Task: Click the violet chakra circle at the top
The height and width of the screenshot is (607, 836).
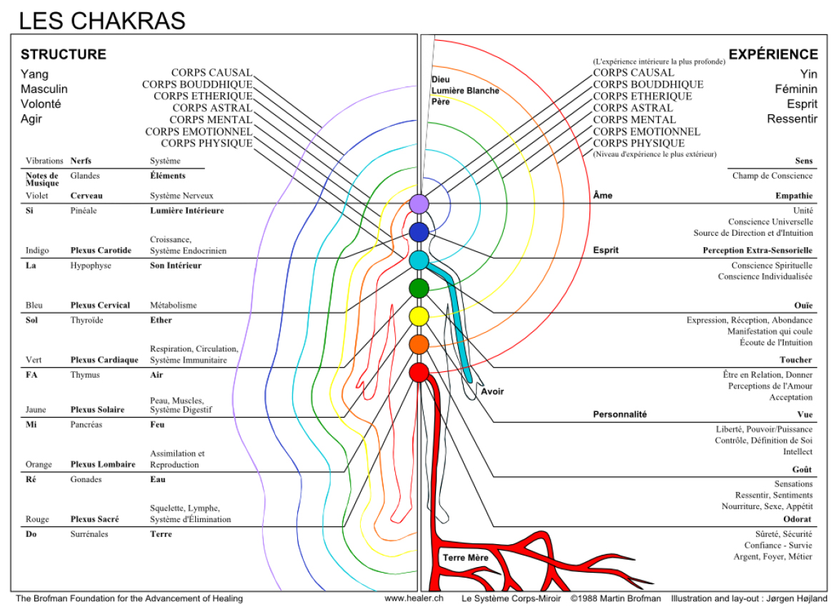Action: pos(419,204)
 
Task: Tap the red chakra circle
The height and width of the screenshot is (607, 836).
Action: pos(419,372)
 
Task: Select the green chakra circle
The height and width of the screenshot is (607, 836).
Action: pos(419,289)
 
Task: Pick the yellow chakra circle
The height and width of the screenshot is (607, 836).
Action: pos(419,316)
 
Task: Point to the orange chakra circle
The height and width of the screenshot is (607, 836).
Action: pos(419,344)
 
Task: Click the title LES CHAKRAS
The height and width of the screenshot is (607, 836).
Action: pos(102,21)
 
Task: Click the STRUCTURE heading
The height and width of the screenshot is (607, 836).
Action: pos(64,54)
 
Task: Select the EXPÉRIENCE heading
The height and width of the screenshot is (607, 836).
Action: pos(773,54)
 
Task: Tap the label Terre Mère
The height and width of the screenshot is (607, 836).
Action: pos(465,558)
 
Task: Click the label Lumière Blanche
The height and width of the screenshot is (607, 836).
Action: pos(465,91)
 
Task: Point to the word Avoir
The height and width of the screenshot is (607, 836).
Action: pos(492,392)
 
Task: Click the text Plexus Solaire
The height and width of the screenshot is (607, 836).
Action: pos(98,409)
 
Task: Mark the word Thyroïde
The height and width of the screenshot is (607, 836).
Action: pos(87,321)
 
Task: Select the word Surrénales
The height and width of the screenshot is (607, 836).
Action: pos(89,534)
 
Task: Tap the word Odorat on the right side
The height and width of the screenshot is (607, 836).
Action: pos(797,519)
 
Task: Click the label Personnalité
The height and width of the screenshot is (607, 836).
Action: pos(619,414)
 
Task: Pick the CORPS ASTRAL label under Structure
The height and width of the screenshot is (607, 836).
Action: pos(212,108)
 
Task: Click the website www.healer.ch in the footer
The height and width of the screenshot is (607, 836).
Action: pos(414,598)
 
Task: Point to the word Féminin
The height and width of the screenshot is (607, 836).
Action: pos(796,89)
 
